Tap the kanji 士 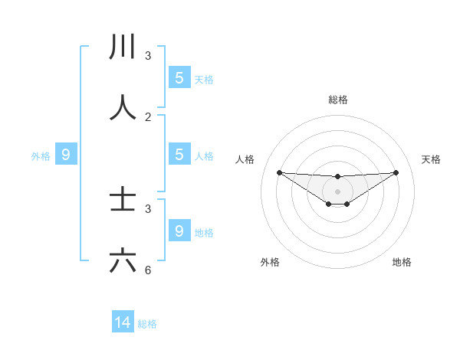[x=123, y=201]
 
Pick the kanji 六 [x=123, y=261]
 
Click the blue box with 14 [x=123, y=323]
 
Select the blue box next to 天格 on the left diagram [x=179, y=78]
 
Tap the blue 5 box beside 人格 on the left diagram [x=179, y=155]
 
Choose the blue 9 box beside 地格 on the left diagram [x=179, y=231]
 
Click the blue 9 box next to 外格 [x=66, y=155]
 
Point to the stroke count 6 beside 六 [x=148, y=270]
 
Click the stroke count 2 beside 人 [x=148, y=117]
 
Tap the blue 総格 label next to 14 [x=147, y=324]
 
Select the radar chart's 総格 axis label [x=338, y=100]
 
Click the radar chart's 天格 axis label [x=431, y=159]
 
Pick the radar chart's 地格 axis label [x=402, y=262]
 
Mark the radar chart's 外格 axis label [x=270, y=262]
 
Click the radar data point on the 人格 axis [x=279, y=172]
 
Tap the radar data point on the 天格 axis [x=396, y=172]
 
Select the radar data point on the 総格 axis [x=338, y=177]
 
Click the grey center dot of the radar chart [x=338, y=191]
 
